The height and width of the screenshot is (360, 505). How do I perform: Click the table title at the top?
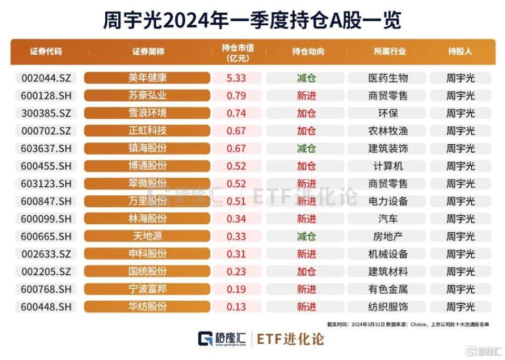252,21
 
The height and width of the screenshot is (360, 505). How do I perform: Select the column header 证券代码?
46,52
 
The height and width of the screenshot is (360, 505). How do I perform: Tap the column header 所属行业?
389,52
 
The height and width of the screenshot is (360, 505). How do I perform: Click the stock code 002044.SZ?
46,78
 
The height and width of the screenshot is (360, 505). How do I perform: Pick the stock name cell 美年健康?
147,78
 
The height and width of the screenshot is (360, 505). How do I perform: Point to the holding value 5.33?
236,78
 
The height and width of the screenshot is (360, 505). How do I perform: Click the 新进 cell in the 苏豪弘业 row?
306,96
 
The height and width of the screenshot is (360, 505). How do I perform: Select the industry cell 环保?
388,113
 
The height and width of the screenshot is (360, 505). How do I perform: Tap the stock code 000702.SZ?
46,131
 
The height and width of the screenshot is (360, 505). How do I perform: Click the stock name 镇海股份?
147,148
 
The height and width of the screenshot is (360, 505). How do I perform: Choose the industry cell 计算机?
388,166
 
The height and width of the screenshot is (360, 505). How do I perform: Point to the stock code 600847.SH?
46,201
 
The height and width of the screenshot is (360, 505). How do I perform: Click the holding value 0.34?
236,218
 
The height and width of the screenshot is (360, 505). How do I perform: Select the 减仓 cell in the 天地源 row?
306,236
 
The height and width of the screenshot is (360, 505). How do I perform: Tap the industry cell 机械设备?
388,254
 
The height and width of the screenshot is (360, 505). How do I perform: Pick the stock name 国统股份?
147,272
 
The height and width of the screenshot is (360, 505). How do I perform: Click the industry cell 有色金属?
388,289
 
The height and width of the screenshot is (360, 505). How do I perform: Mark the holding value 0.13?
236,306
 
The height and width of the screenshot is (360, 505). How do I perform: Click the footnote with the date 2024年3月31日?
408,324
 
